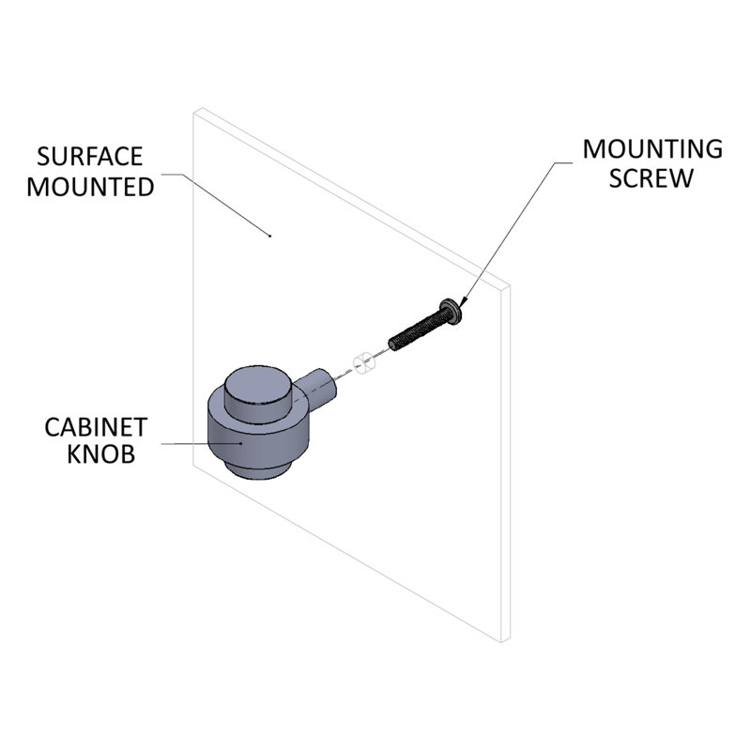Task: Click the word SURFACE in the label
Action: point(89,157)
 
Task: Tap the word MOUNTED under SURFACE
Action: point(90,187)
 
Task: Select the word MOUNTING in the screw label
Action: point(652,149)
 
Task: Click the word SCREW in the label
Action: point(651,178)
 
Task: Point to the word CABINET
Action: point(96,427)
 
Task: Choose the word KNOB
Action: point(100,454)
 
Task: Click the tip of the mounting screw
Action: point(392,345)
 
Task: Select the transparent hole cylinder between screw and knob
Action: point(365,362)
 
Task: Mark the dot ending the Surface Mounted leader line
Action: point(270,236)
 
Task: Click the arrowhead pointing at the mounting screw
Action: point(462,301)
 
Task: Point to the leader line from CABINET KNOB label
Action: point(201,443)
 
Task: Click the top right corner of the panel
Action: point(509,286)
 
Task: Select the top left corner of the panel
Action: point(193,113)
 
